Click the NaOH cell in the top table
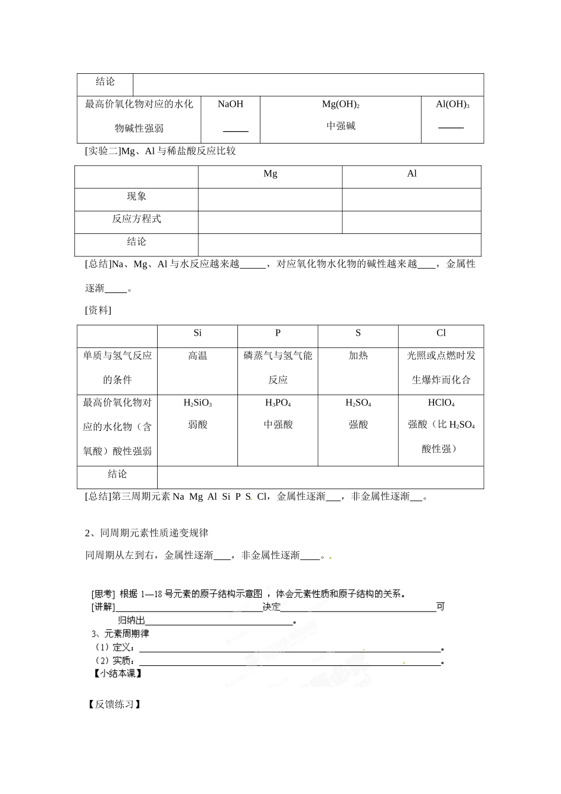click(230, 105)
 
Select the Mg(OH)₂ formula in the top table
click(341, 105)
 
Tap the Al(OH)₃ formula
click(452, 105)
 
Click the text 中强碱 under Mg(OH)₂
click(341, 126)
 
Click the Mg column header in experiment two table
click(270, 174)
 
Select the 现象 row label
click(136, 197)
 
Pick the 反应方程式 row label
click(136, 219)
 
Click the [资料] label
click(98, 311)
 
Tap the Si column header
click(197, 333)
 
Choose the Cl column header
click(441, 333)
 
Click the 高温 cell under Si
click(197, 356)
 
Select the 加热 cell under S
click(358, 356)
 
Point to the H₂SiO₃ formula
click(197, 403)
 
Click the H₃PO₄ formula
click(278, 403)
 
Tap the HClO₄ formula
click(441, 403)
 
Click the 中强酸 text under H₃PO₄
click(278, 425)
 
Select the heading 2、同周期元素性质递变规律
click(147, 533)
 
